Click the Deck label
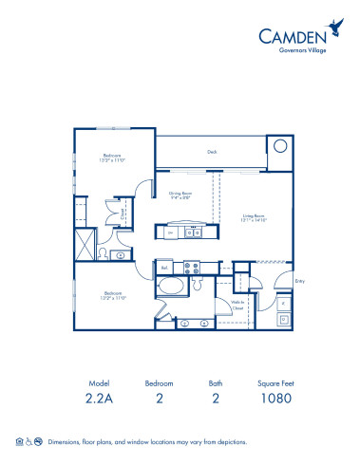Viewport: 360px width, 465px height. pos(212,150)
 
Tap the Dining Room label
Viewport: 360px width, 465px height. pos(181,195)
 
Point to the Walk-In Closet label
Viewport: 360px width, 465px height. pos(239,304)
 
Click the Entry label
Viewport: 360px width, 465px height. pos(299,281)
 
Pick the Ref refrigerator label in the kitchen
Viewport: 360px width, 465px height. pos(164,269)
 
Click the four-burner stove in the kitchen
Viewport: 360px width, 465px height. pos(188,265)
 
